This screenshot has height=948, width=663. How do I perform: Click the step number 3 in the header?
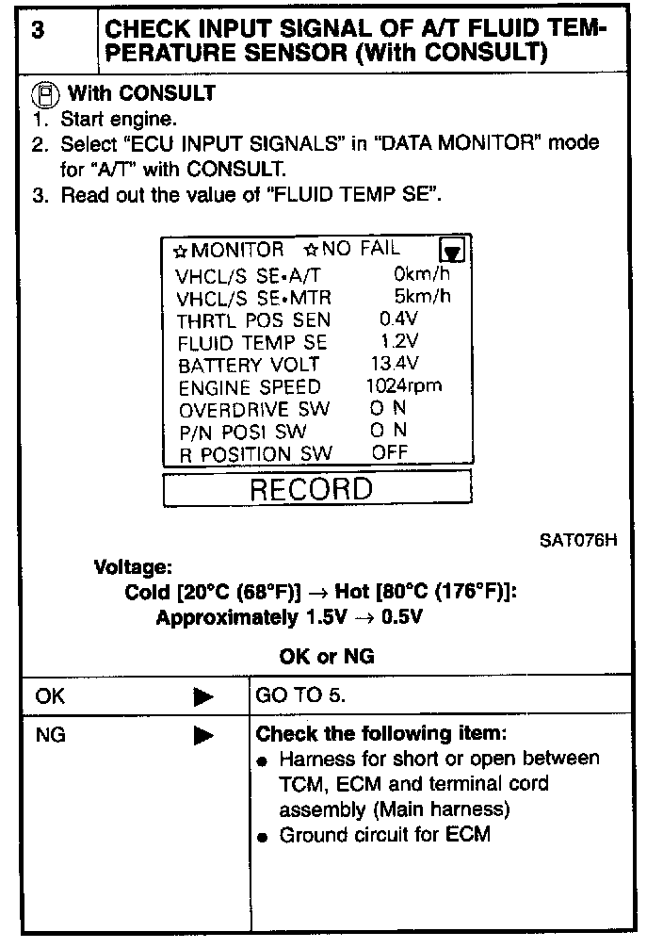coord(38,30)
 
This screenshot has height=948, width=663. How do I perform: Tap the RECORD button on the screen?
coord(316,488)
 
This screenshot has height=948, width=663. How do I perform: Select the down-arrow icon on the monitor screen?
coord(453,251)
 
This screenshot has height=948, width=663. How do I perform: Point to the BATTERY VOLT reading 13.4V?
coord(396,364)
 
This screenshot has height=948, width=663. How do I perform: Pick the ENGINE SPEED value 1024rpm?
coord(403,385)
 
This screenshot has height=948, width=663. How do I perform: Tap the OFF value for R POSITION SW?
coord(390,452)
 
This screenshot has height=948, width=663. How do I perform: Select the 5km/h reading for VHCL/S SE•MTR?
coord(422,297)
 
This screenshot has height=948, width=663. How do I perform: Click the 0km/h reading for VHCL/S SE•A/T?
coord(422,274)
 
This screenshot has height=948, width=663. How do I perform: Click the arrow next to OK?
coord(202,698)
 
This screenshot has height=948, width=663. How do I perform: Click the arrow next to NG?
coord(202,736)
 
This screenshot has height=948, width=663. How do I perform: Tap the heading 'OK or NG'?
coord(326,657)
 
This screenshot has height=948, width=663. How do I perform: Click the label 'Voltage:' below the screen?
coord(133,568)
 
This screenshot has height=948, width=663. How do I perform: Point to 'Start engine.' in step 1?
coord(118,120)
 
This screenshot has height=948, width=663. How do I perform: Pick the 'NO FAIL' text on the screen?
coord(361,250)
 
